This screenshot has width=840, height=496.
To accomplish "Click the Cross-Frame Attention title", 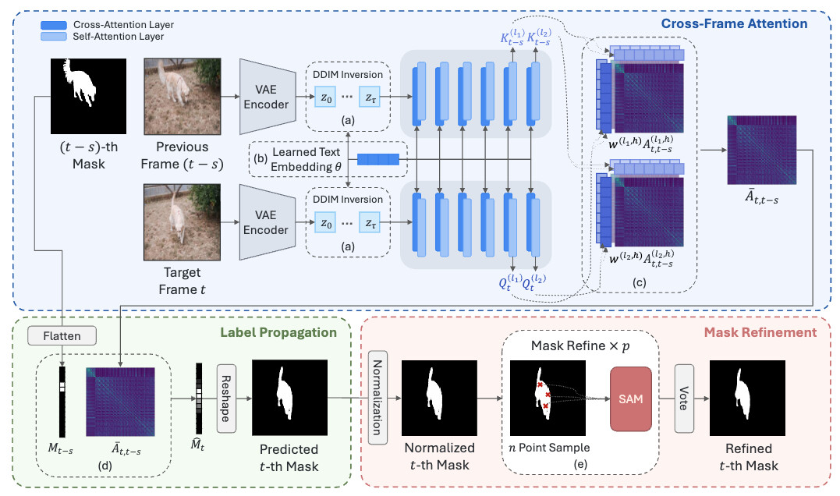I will (x=734, y=23).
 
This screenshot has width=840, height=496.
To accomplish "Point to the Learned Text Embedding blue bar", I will (x=377, y=160).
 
